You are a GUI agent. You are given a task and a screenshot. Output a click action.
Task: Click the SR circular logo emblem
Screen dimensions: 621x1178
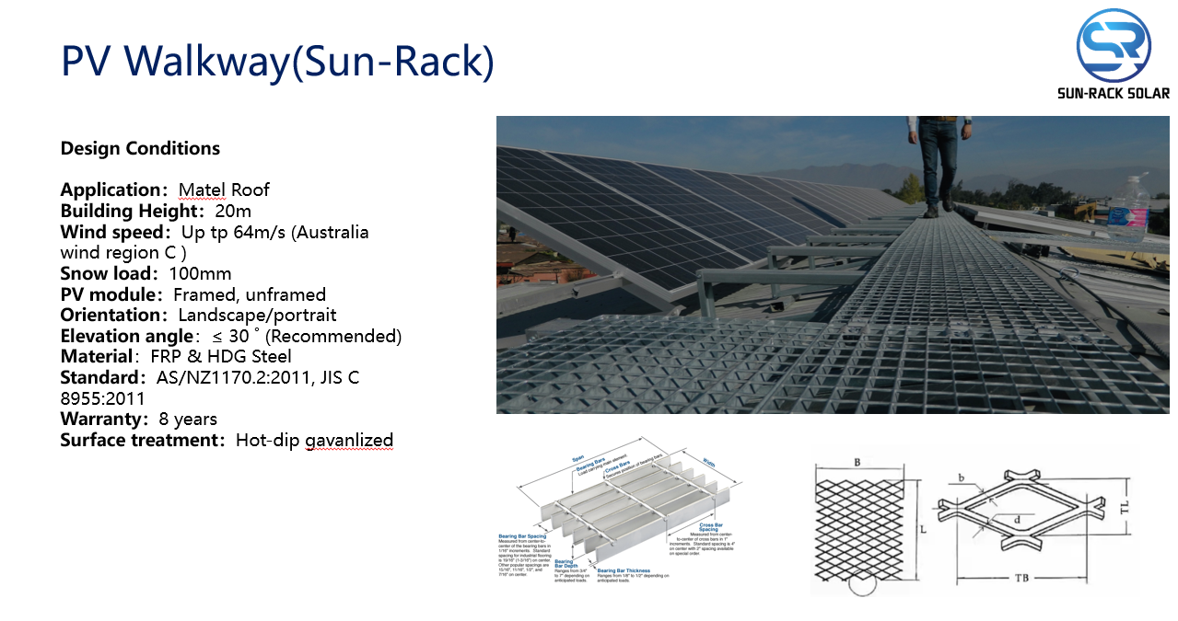click(1114, 44)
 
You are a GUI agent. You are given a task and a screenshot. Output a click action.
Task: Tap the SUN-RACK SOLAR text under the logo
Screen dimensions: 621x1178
click(1114, 93)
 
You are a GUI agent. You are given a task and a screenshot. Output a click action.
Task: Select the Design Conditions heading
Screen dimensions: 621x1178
click(140, 148)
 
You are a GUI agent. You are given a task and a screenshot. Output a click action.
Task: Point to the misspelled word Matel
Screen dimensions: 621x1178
click(202, 190)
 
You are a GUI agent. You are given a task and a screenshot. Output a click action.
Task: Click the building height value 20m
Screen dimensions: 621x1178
click(233, 211)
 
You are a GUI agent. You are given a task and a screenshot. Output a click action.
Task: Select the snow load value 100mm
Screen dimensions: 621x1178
click(200, 273)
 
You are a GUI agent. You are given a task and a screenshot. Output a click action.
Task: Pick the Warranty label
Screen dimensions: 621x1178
click(102, 419)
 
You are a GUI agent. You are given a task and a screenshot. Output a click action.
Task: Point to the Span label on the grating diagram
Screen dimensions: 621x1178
click(578, 458)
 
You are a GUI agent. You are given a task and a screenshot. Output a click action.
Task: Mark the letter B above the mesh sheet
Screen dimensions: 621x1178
click(857, 462)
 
